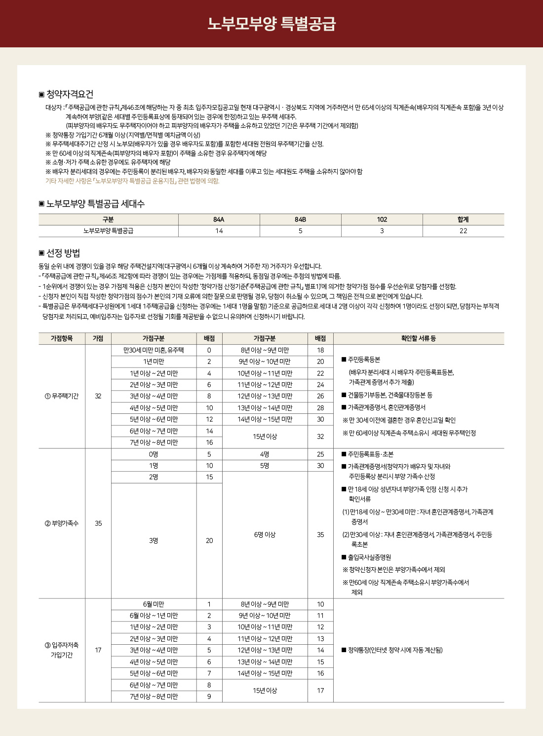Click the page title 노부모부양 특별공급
point(271,23)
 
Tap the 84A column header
point(219,220)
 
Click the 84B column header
point(300,220)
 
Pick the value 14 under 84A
point(219,231)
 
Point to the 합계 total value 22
point(463,231)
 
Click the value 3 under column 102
point(382,231)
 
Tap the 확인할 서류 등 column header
point(418,338)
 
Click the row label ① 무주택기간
point(62,396)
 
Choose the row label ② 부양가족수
point(62,523)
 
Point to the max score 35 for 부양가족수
point(98,523)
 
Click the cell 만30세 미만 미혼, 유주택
point(154,350)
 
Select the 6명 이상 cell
point(265,535)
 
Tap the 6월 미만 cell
point(154,604)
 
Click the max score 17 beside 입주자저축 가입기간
point(98,650)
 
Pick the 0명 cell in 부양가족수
point(154,454)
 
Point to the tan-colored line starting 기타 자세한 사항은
point(132,181)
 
